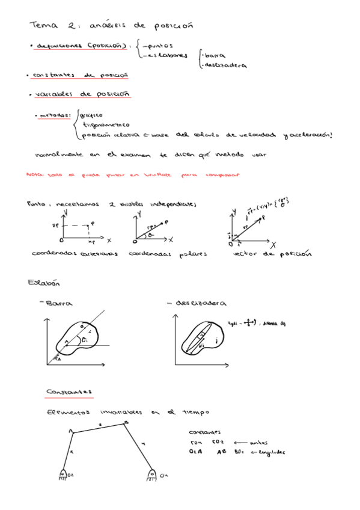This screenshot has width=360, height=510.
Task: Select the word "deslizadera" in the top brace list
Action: pyautogui.click(x=226, y=66)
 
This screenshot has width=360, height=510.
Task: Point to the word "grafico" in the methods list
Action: pyautogui.click(x=91, y=115)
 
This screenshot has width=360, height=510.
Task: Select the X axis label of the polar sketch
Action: pyautogui.click(x=170, y=239)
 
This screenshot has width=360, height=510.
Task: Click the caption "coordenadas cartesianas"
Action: pyautogui.click(x=74, y=254)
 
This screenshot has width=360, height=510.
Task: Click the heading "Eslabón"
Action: pyautogui.click(x=40, y=282)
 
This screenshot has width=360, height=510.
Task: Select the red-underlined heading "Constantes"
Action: pyautogui.click(x=69, y=391)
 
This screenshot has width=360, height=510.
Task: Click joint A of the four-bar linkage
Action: pyautogui.click(x=72, y=431)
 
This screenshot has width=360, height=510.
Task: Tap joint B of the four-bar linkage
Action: pyautogui.click(x=125, y=423)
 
